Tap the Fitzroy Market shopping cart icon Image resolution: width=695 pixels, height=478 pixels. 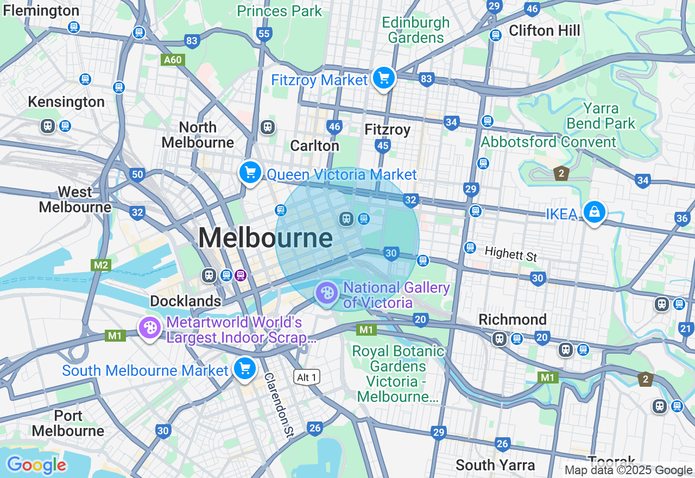(x=384, y=78)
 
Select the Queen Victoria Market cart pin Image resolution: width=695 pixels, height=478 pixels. (x=250, y=173)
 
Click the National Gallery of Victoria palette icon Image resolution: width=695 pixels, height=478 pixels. (x=326, y=293)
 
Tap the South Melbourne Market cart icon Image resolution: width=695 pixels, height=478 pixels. (x=245, y=369)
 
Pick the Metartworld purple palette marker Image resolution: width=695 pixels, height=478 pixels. (x=149, y=328)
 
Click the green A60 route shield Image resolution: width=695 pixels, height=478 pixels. (x=173, y=60)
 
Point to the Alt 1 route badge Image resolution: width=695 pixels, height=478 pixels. (x=307, y=376)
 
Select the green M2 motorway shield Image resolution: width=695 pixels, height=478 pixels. (x=101, y=265)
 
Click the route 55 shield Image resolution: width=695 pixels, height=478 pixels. (x=264, y=34)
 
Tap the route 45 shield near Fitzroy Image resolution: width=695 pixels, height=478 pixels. (x=383, y=145)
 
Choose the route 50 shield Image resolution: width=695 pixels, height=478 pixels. (x=137, y=174)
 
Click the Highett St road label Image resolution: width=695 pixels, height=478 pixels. (x=510, y=253)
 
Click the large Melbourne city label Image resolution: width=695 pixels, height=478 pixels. (x=265, y=238)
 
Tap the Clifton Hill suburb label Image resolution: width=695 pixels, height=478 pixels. (x=544, y=30)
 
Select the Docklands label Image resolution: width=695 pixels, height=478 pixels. (x=185, y=301)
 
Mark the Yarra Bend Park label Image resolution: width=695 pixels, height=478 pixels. (x=601, y=116)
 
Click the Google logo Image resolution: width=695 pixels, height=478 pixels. (x=36, y=465)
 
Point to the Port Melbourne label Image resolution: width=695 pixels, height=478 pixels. (x=68, y=424)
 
